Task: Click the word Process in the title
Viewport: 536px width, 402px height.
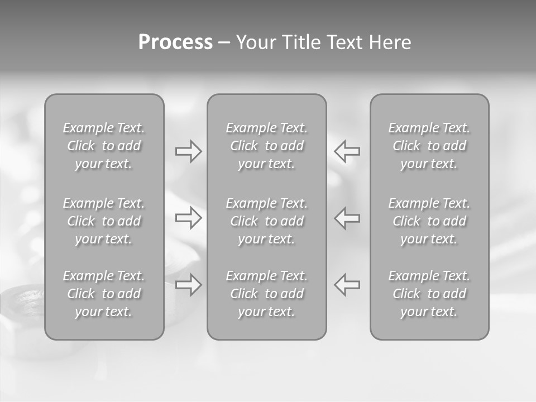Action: (175, 42)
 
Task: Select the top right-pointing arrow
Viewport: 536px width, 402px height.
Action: (189, 151)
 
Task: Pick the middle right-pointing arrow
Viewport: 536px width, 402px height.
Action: (189, 218)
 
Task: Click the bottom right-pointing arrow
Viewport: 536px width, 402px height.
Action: (189, 285)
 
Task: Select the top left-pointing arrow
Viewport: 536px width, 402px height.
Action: (347, 151)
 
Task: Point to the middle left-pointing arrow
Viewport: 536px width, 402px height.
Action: (347, 218)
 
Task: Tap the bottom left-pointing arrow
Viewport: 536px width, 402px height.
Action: (347, 285)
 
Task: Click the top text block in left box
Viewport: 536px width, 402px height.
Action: (103, 146)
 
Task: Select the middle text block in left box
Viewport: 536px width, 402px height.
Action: (103, 221)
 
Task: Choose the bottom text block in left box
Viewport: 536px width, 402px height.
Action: (103, 294)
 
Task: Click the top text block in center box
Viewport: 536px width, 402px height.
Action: (266, 146)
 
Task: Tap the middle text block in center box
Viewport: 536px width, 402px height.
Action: (266, 221)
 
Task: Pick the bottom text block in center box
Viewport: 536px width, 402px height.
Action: (266, 294)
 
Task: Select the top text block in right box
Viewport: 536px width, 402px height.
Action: (429, 146)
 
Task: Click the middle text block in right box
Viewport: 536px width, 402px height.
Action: (429, 221)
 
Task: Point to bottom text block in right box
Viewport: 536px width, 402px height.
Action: (429, 294)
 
